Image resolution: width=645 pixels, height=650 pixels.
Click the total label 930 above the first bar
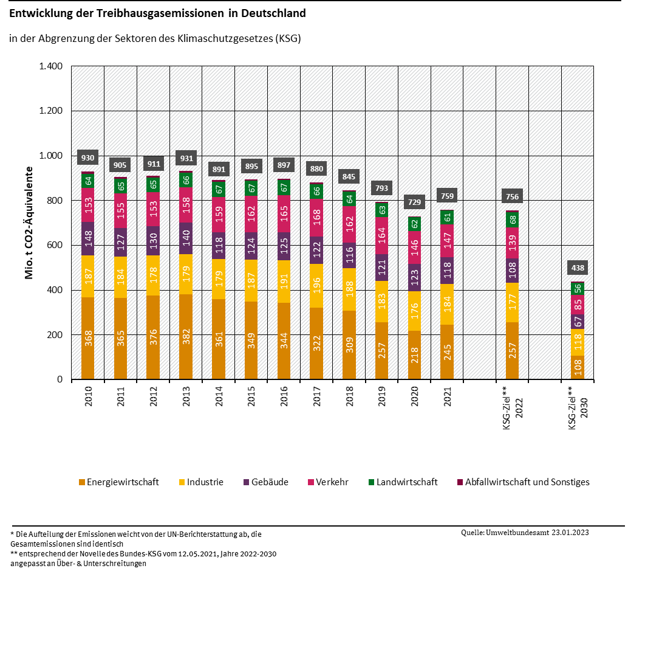pyautogui.click(x=87, y=158)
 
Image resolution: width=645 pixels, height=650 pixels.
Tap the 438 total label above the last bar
pyautogui.click(x=578, y=268)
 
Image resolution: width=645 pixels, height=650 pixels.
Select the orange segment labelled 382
pyautogui.click(x=186, y=336)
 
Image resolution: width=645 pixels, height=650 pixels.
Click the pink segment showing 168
pyautogui.click(x=316, y=218)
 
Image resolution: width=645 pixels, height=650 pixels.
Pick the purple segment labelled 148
pyautogui.click(x=88, y=238)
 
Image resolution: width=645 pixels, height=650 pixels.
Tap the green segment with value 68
pyautogui.click(x=513, y=220)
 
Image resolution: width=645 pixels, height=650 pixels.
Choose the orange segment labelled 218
pyautogui.click(x=415, y=354)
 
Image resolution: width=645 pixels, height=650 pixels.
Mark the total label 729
pyautogui.click(x=415, y=202)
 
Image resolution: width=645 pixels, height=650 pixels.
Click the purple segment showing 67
pyautogui.click(x=578, y=322)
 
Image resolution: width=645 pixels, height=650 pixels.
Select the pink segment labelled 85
pyautogui.click(x=578, y=305)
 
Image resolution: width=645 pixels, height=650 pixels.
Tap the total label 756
pyautogui.click(x=513, y=196)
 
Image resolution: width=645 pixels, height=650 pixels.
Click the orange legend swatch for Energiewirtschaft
pyautogui.click(x=82, y=482)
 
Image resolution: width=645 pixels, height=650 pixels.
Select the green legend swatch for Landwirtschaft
pyautogui.click(x=371, y=482)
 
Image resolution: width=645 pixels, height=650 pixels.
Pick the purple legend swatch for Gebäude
pyautogui.click(x=247, y=482)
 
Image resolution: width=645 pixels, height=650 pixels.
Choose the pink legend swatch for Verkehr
pyautogui.click(x=311, y=482)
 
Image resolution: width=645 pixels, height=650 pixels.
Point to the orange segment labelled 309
pyautogui.click(x=349, y=345)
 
